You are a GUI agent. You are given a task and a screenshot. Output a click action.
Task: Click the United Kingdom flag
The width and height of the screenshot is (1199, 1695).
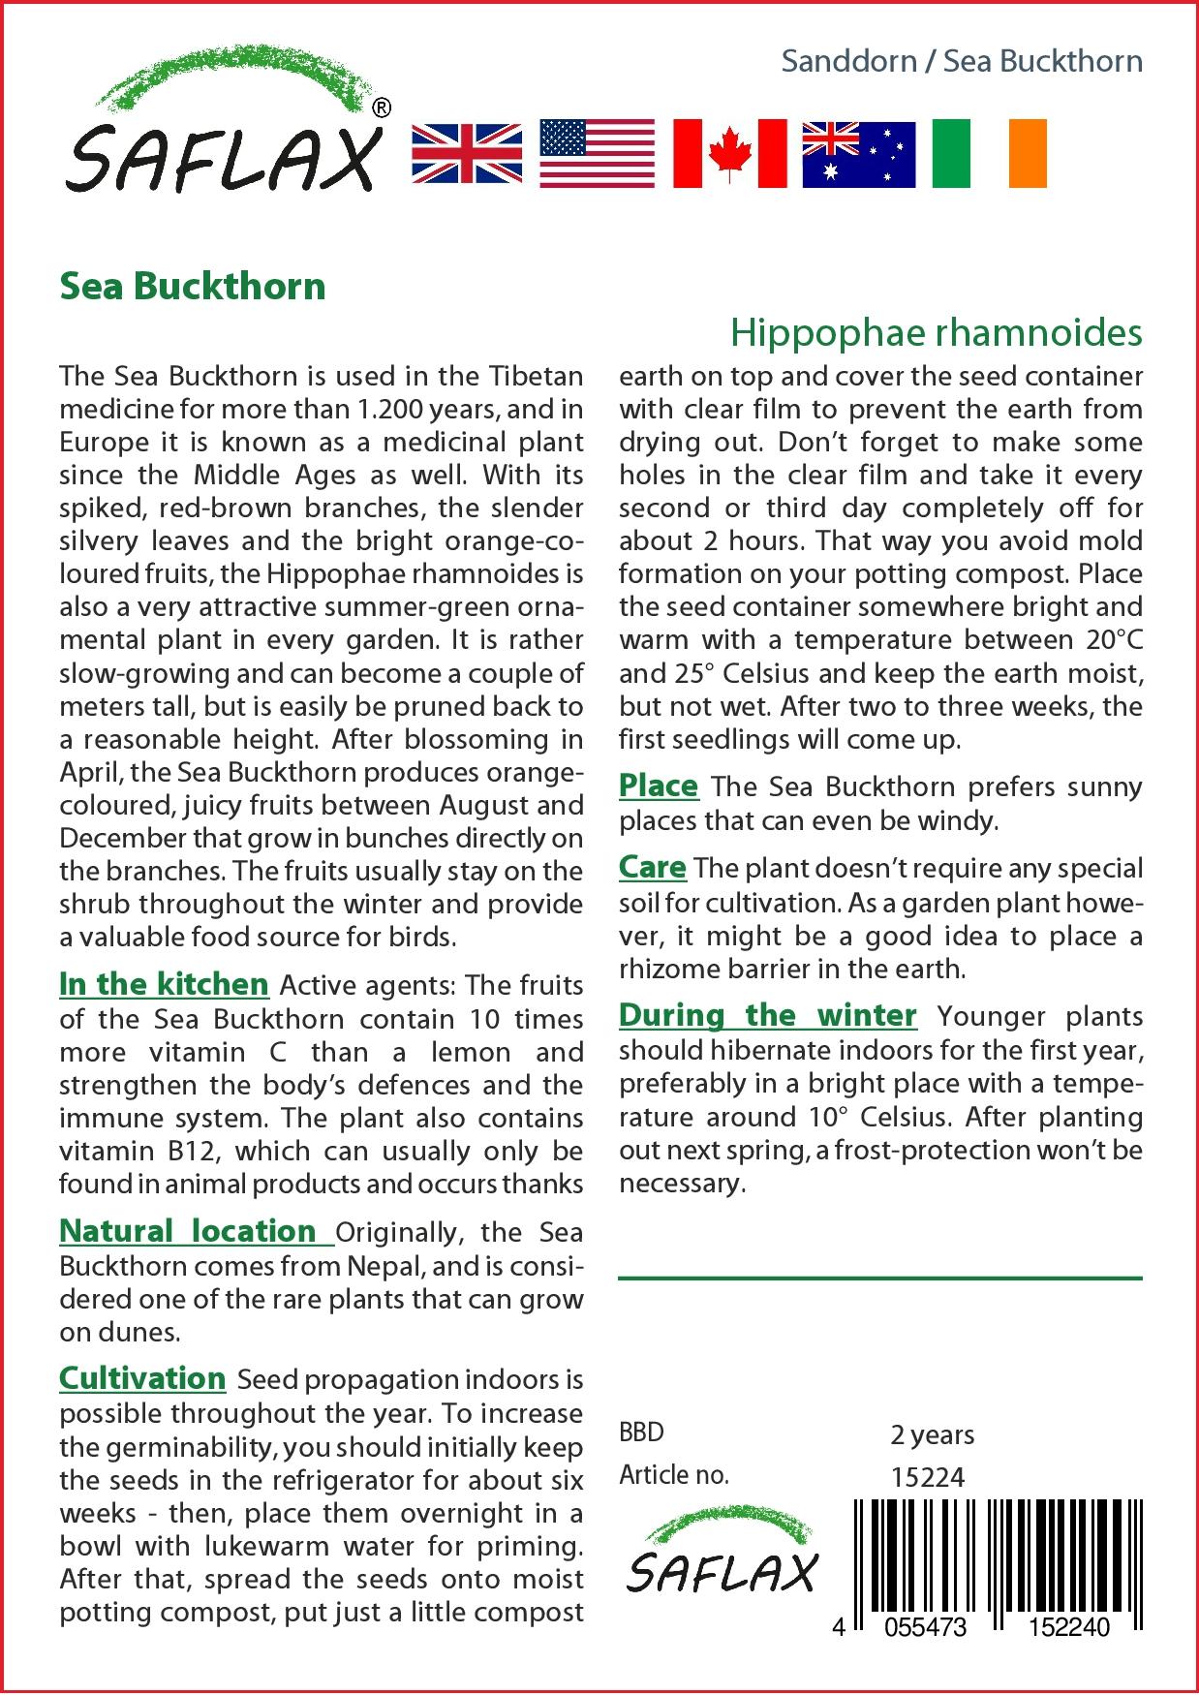(467, 154)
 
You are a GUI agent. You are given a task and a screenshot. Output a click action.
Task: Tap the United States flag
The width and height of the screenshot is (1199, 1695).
(597, 154)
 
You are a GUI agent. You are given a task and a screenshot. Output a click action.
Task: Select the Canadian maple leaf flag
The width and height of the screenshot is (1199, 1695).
(729, 154)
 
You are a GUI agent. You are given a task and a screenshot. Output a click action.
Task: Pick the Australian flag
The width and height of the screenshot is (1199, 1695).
(858, 154)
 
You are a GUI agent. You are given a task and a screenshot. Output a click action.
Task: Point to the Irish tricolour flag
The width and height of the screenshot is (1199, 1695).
(989, 154)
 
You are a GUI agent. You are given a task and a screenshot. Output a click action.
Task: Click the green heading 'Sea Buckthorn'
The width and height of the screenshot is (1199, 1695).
(193, 287)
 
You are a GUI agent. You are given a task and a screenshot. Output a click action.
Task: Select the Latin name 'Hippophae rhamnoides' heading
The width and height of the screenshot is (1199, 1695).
(936, 333)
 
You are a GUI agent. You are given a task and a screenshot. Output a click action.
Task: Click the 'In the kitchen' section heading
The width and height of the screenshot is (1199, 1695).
(164, 984)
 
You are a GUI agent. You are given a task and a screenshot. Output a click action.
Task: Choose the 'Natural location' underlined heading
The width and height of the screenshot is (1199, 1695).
(189, 1231)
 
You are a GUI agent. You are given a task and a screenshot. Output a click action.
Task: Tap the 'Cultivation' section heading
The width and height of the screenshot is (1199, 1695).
(142, 1378)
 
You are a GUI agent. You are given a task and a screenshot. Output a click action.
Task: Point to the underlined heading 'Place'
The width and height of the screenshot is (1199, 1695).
(659, 786)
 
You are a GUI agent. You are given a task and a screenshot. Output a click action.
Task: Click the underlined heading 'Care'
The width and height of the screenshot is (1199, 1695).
(653, 868)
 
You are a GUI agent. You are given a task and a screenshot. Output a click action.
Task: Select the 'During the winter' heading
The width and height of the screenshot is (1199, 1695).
(767, 1015)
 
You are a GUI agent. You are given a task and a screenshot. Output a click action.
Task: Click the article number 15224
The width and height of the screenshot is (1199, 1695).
(927, 1476)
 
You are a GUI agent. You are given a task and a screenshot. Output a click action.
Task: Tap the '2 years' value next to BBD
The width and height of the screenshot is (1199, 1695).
(932, 1433)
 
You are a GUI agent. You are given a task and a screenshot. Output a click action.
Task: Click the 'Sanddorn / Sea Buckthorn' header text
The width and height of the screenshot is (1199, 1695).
(962, 62)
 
